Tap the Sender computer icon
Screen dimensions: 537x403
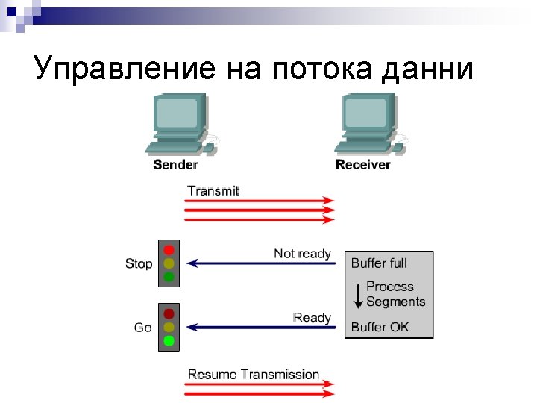pyautogui.click(x=178, y=124)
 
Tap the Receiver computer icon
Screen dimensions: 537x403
pyautogui.click(x=369, y=124)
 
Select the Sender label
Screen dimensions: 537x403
pyautogui.click(x=175, y=164)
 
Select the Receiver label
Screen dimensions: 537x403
pyautogui.click(x=363, y=164)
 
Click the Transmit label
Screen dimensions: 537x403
pyautogui.click(x=213, y=190)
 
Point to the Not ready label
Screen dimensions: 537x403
pyautogui.click(x=302, y=254)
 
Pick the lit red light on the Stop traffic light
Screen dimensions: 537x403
pyautogui.click(x=169, y=249)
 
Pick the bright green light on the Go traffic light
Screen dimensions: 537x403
pyautogui.click(x=169, y=341)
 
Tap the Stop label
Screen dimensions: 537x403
pyautogui.click(x=139, y=263)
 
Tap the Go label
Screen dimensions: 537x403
pyautogui.click(x=142, y=327)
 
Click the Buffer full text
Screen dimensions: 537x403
pyautogui.click(x=379, y=263)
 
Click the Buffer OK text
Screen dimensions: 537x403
pyautogui.click(x=380, y=327)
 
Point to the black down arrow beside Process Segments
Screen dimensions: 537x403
pyautogui.click(x=358, y=294)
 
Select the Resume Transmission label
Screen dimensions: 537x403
pyautogui.click(x=253, y=375)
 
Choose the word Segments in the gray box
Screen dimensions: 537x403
pyautogui.click(x=395, y=302)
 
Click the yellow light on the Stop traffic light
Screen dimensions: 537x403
pyautogui.click(x=169, y=263)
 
